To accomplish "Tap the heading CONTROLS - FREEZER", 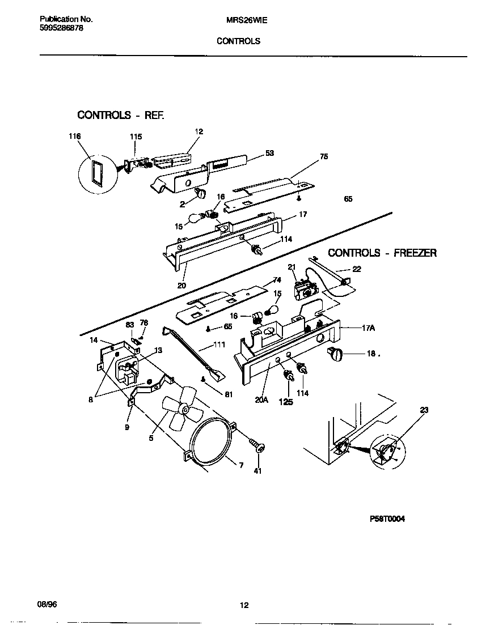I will click(x=382, y=253).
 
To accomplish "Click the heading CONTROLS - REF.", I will click(x=121, y=115).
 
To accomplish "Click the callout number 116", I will click(x=74, y=137).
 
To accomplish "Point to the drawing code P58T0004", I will click(x=388, y=519).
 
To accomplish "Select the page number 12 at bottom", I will click(x=244, y=606).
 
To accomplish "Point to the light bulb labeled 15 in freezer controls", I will click(x=270, y=311).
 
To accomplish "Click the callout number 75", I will click(x=324, y=156).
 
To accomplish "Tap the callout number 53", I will click(x=269, y=153).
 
